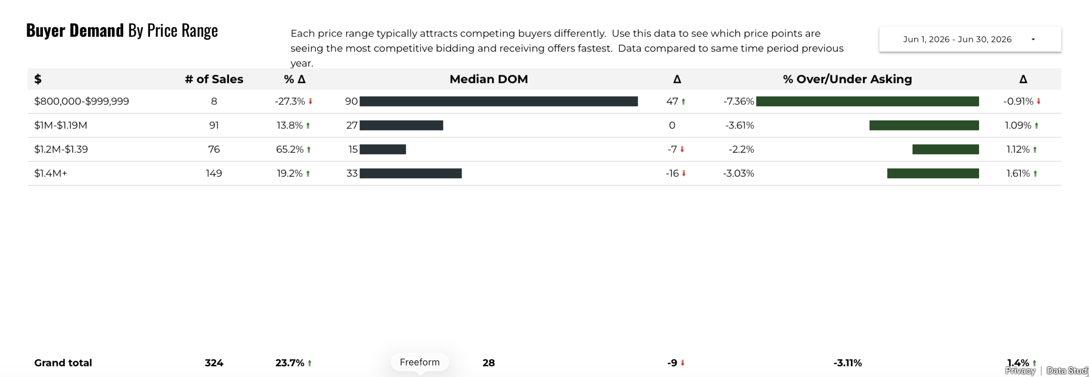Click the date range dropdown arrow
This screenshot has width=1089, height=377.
point(1033,39)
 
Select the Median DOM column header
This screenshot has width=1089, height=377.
point(489,79)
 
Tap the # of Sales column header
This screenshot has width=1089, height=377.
point(214,79)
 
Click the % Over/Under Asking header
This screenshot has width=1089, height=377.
point(847,79)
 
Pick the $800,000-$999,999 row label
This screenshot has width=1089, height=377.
point(82,101)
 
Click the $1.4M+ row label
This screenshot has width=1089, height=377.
point(51,173)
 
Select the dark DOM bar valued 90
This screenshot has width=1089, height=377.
point(498,101)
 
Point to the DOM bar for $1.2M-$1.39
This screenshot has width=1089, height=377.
point(382,149)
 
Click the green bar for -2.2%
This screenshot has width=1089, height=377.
point(945,149)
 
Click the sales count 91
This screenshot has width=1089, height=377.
point(214,125)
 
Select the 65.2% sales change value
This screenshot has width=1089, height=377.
point(290,149)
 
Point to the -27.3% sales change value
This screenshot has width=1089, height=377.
point(290,101)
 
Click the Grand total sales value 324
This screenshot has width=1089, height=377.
point(214,363)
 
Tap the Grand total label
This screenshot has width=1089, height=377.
point(63,363)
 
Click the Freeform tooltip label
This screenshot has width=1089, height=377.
point(420,362)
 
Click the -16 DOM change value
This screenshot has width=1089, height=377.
point(672,173)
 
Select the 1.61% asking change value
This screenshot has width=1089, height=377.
point(1018,173)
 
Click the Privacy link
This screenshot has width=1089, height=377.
point(1020,371)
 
